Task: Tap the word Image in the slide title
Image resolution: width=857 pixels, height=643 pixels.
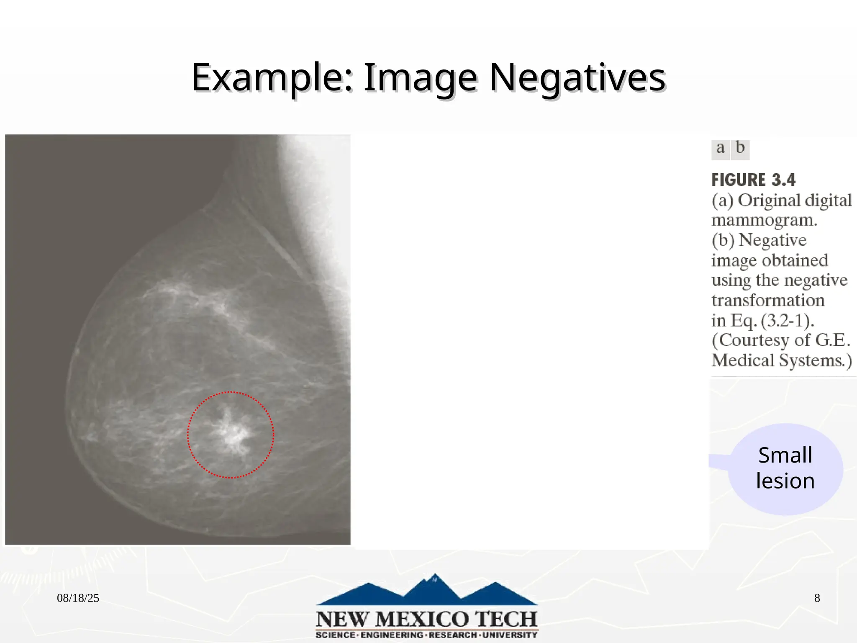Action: pos(420,78)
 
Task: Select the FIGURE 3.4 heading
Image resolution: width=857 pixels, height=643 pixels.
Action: pos(753,180)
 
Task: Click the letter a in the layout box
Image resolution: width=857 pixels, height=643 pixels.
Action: pos(720,148)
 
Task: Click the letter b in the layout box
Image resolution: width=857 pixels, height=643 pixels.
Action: pos(740,148)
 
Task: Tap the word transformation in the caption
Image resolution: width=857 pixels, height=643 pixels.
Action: pos(768,301)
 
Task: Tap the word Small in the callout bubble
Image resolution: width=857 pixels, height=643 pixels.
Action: pos(785,455)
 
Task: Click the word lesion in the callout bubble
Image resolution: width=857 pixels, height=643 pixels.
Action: pos(785,481)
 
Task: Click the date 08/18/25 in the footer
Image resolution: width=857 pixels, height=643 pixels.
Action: pos(78,598)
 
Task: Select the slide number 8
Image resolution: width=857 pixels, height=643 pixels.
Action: pos(817,598)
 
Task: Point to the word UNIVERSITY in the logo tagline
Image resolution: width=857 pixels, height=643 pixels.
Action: pos(510,635)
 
